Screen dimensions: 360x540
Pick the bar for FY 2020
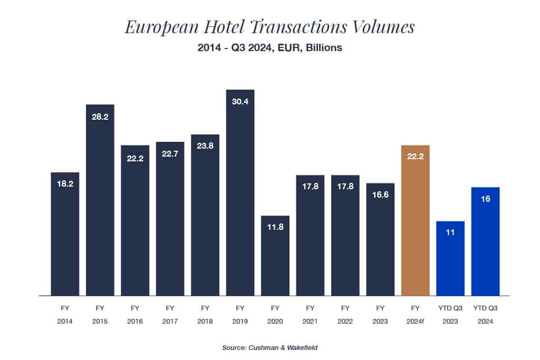(275, 258)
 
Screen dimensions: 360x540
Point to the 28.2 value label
(100, 117)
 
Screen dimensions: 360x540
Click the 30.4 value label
(240, 102)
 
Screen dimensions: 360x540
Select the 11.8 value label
(275, 228)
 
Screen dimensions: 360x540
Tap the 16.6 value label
(380, 196)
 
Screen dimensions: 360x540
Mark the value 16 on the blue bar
(485, 199)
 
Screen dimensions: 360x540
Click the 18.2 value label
(65, 184)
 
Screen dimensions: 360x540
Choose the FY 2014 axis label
(65, 315)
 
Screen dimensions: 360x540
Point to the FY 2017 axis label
(170, 315)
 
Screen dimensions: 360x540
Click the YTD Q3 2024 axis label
(485, 315)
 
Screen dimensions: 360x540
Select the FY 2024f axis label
(415, 315)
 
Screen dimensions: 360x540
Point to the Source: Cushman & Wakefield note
(269, 348)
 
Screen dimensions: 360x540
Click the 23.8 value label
(205, 147)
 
